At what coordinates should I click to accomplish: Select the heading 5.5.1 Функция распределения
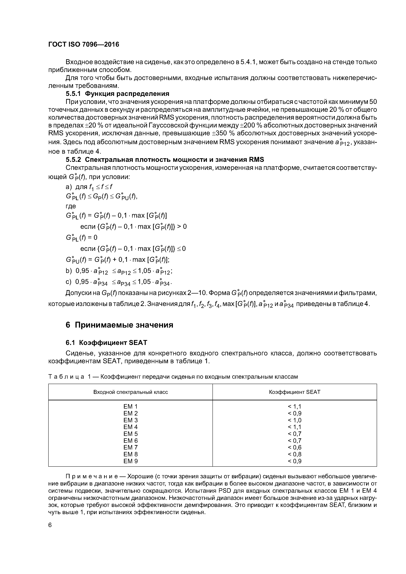(117, 94)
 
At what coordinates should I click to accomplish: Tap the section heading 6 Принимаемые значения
(119, 325)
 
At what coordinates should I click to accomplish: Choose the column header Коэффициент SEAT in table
(294, 392)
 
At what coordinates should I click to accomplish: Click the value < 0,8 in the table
(294, 454)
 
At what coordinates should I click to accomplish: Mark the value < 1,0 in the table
(294, 420)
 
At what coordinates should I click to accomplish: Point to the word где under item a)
(71, 206)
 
